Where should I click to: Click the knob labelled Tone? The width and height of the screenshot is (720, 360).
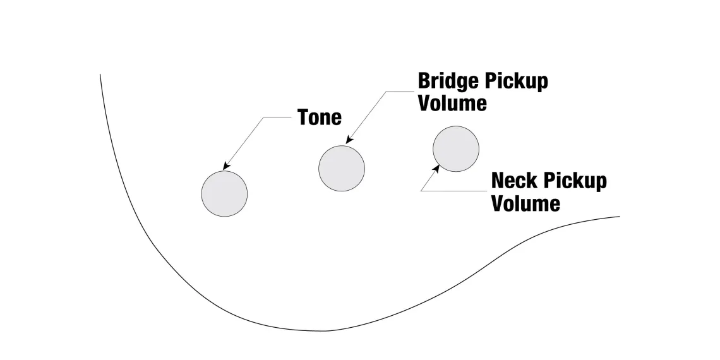point(224,194)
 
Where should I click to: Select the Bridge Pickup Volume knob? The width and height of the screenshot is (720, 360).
point(342,168)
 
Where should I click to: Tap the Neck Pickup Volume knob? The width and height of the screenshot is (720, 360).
point(456,149)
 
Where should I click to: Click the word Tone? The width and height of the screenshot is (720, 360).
point(319,117)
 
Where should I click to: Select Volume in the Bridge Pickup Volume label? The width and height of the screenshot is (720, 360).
point(452,103)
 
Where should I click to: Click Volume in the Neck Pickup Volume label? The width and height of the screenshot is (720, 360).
point(525,203)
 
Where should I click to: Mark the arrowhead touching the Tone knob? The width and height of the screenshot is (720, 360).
point(225,167)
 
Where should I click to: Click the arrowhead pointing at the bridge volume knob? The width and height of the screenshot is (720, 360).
point(349,141)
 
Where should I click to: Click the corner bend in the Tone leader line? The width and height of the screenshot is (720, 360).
point(263,117)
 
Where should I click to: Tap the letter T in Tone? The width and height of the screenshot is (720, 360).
point(304,117)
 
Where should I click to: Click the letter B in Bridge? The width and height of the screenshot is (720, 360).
point(424,81)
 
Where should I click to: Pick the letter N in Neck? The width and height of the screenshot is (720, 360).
point(498,181)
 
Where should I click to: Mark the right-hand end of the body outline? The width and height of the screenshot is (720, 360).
point(619,217)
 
